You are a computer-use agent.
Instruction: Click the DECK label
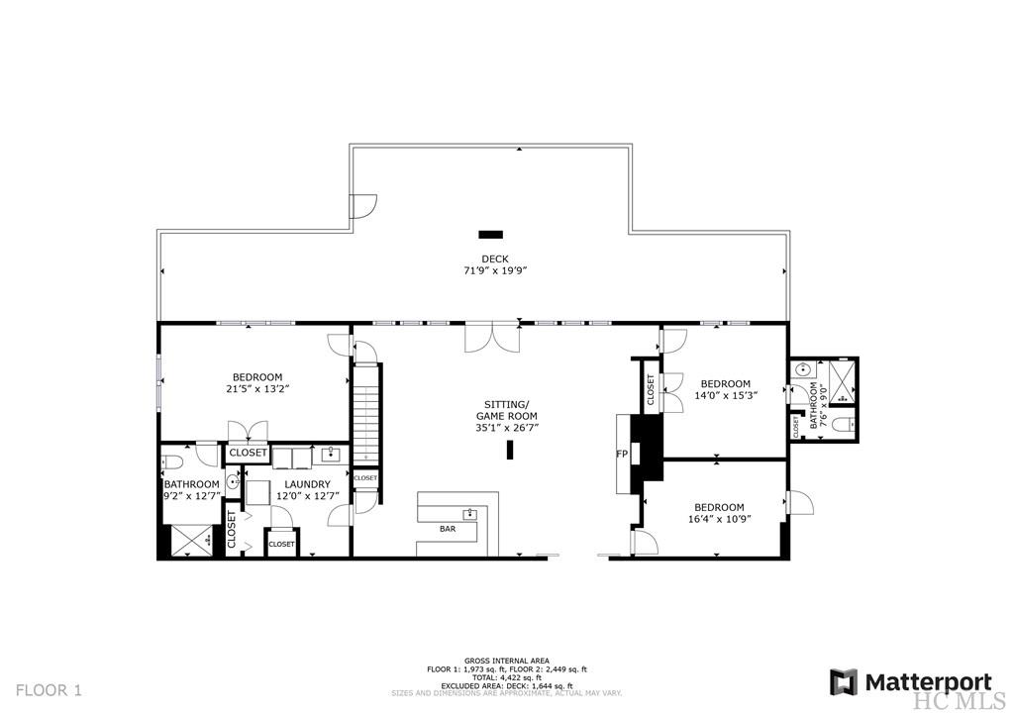click(495, 259)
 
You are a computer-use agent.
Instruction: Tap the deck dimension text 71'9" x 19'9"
click(495, 270)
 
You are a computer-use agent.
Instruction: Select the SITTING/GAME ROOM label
click(506, 410)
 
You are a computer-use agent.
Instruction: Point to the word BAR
click(449, 529)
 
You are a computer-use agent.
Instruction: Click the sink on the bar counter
click(471, 514)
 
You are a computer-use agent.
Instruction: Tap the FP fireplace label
click(622, 455)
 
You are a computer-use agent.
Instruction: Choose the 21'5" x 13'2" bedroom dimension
click(257, 388)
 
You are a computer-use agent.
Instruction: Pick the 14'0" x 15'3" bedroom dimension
click(726, 395)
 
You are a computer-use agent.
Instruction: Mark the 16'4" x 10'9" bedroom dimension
click(721, 518)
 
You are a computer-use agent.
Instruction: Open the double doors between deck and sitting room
click(492, 338)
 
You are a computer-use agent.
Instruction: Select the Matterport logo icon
click(844, 682)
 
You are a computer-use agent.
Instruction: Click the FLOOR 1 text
click(49, 689)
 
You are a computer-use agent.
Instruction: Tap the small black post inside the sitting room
click(511, 450)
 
